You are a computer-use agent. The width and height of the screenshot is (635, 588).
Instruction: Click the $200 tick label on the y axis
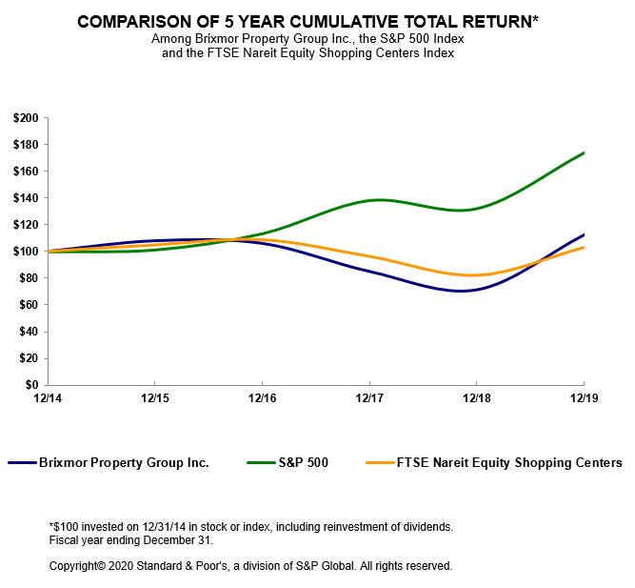25,118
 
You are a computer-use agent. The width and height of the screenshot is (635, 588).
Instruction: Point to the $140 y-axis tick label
25,198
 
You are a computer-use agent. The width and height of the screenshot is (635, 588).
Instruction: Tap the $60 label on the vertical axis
28,305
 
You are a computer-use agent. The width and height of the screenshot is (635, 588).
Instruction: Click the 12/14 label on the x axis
47,397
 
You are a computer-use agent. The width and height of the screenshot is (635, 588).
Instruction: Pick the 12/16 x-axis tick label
262,397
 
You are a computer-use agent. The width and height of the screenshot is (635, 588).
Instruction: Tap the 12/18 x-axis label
476,397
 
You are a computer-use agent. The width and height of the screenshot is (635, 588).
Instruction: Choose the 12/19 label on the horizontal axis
583,397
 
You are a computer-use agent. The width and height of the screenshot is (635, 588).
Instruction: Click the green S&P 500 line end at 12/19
583,152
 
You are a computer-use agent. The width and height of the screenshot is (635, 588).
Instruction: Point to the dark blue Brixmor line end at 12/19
583,234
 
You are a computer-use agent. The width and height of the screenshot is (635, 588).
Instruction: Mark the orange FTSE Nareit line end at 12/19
583,248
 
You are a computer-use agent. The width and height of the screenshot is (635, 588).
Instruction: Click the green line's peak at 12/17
379,199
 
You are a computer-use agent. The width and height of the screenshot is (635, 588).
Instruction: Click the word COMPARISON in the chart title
137,21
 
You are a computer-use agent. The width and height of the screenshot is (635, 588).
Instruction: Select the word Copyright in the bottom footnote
75,565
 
